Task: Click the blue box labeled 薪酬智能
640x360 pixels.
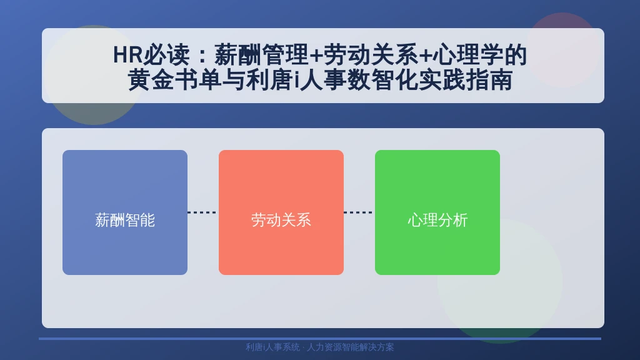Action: coord(125,212)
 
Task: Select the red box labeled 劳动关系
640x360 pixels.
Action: coord(281,212)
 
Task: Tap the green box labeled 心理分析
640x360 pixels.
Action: coord(437,212)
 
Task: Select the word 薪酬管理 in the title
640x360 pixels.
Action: coord(261,55)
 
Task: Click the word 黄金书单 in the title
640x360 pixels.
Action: coord(175,79)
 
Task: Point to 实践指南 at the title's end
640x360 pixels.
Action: coord(465,79)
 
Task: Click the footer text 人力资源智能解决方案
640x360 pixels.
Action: coord(350,347)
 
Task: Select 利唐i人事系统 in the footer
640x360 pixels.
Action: coord(272,347)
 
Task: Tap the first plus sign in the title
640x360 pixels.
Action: coord(316,56)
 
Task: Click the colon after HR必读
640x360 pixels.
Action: coord(202,56)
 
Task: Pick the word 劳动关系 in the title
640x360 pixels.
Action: coord(370,55)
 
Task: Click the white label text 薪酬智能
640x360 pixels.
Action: coord(125,220)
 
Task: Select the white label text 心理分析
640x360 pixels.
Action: coord(437,220)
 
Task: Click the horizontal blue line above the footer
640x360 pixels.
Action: coord(320,338)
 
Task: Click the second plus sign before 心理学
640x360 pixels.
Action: coord(425,56)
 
